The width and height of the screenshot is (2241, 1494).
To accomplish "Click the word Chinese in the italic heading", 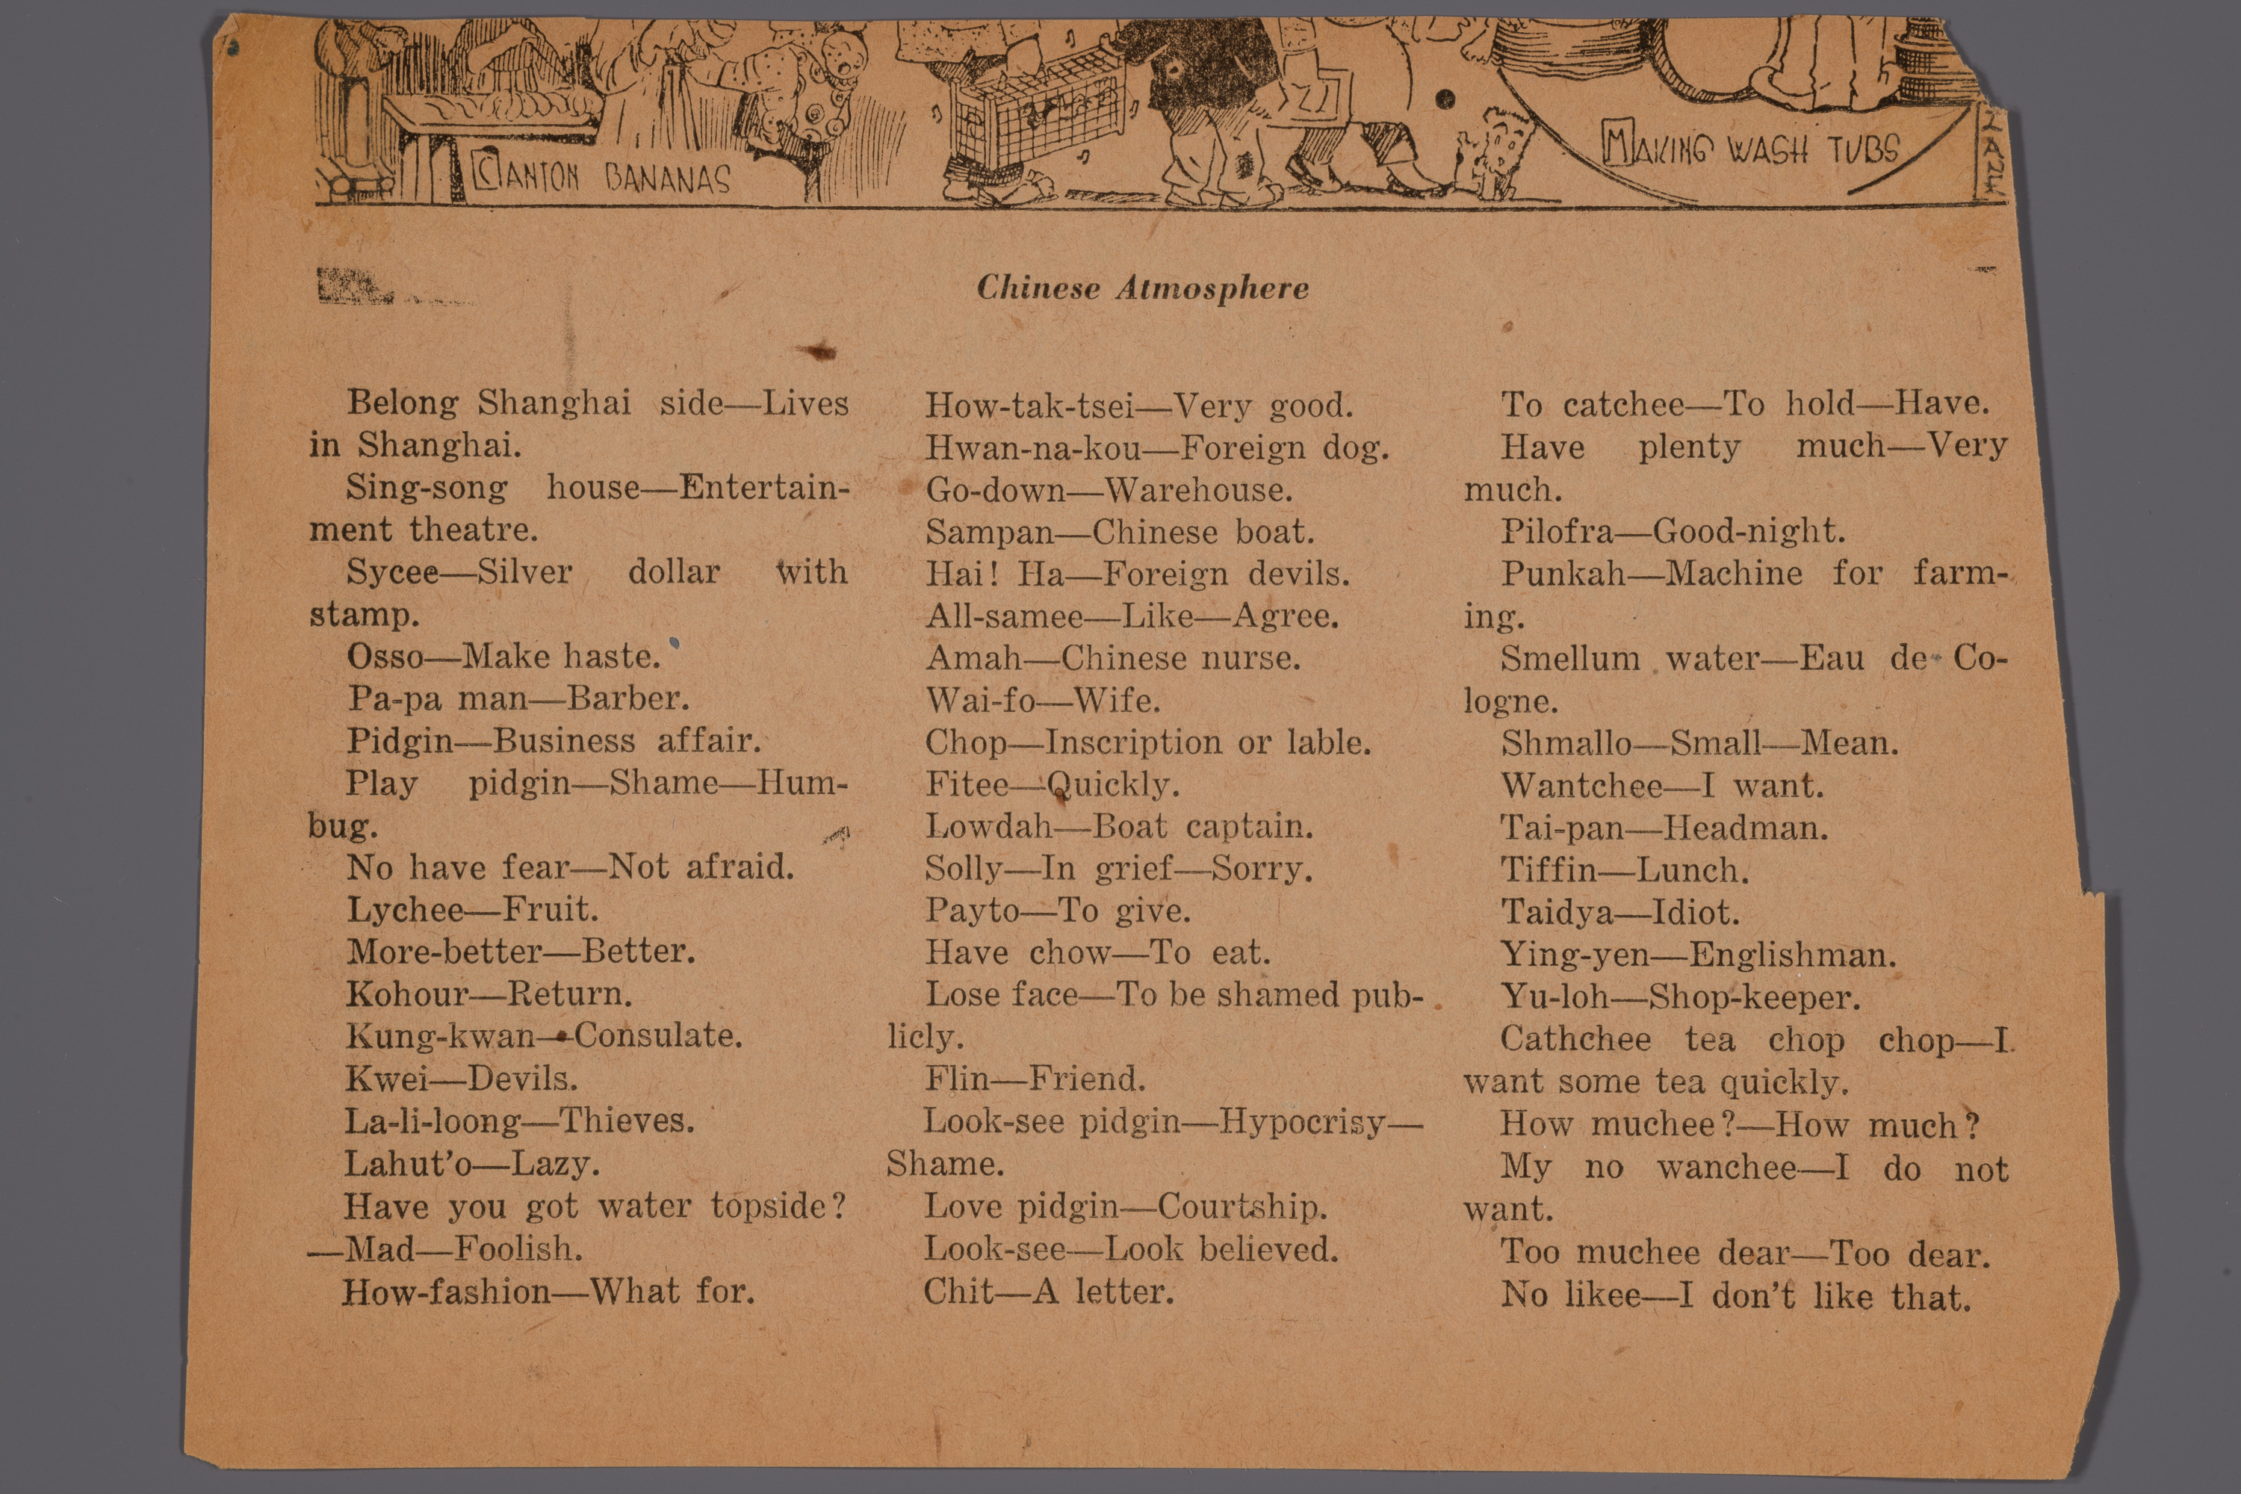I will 1038,288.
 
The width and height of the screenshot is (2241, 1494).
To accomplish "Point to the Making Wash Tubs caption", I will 1751,149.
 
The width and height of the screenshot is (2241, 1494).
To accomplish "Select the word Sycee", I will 391,571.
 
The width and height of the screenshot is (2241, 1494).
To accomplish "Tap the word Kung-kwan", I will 440,1035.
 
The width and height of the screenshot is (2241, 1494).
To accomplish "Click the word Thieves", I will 626,1120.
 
